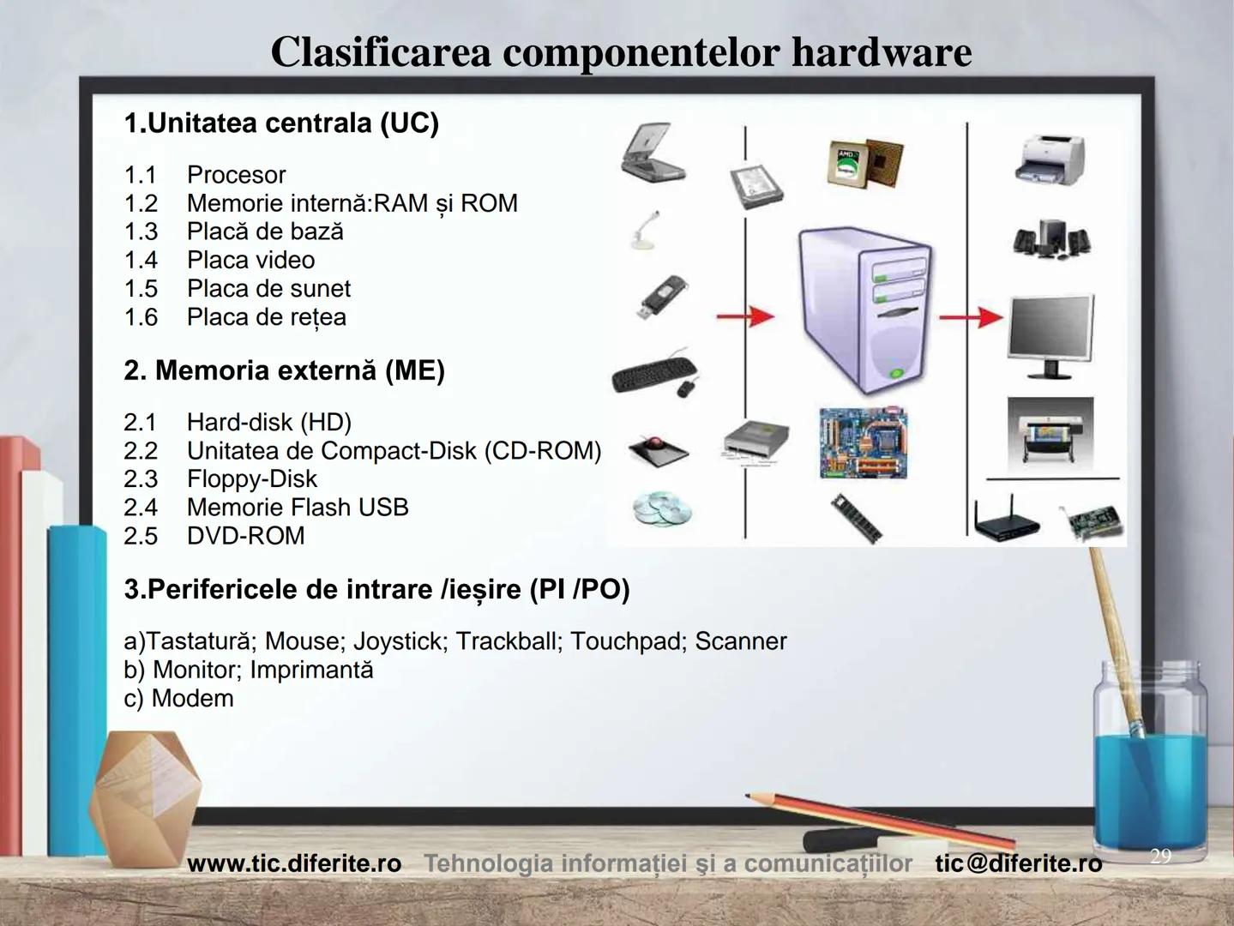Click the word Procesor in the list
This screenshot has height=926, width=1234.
pyautogui.click(x=236, y=175)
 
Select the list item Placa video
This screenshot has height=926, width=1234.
pyautogui.click(x=250, y=260)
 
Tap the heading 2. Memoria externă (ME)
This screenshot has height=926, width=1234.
pyautogui.click(x=284, y=370)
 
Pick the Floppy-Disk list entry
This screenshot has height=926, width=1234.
pyautogui.click(x=251, y=478)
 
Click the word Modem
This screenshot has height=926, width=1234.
pyautogui.click(x=192, y=698)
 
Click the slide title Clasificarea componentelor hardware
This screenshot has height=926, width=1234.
pyautogui.click(x=621, y=51)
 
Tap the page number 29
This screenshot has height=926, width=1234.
pyautogui.click(x=1159, y=856)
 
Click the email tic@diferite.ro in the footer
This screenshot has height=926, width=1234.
pyautogui.click(x=1018, y=863)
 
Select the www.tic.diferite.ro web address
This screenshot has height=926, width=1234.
pyautogui.click(x=294, y=863)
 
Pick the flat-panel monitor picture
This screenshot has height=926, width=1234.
pyautogui.click(x=1050, y=334)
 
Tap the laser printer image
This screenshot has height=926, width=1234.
pyautogui.click(x=1050, y=159)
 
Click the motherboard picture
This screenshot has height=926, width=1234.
pyautogui.click(x=863, y=443)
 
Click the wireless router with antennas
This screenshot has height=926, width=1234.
pyautogui.click(x=1005, y=520)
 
